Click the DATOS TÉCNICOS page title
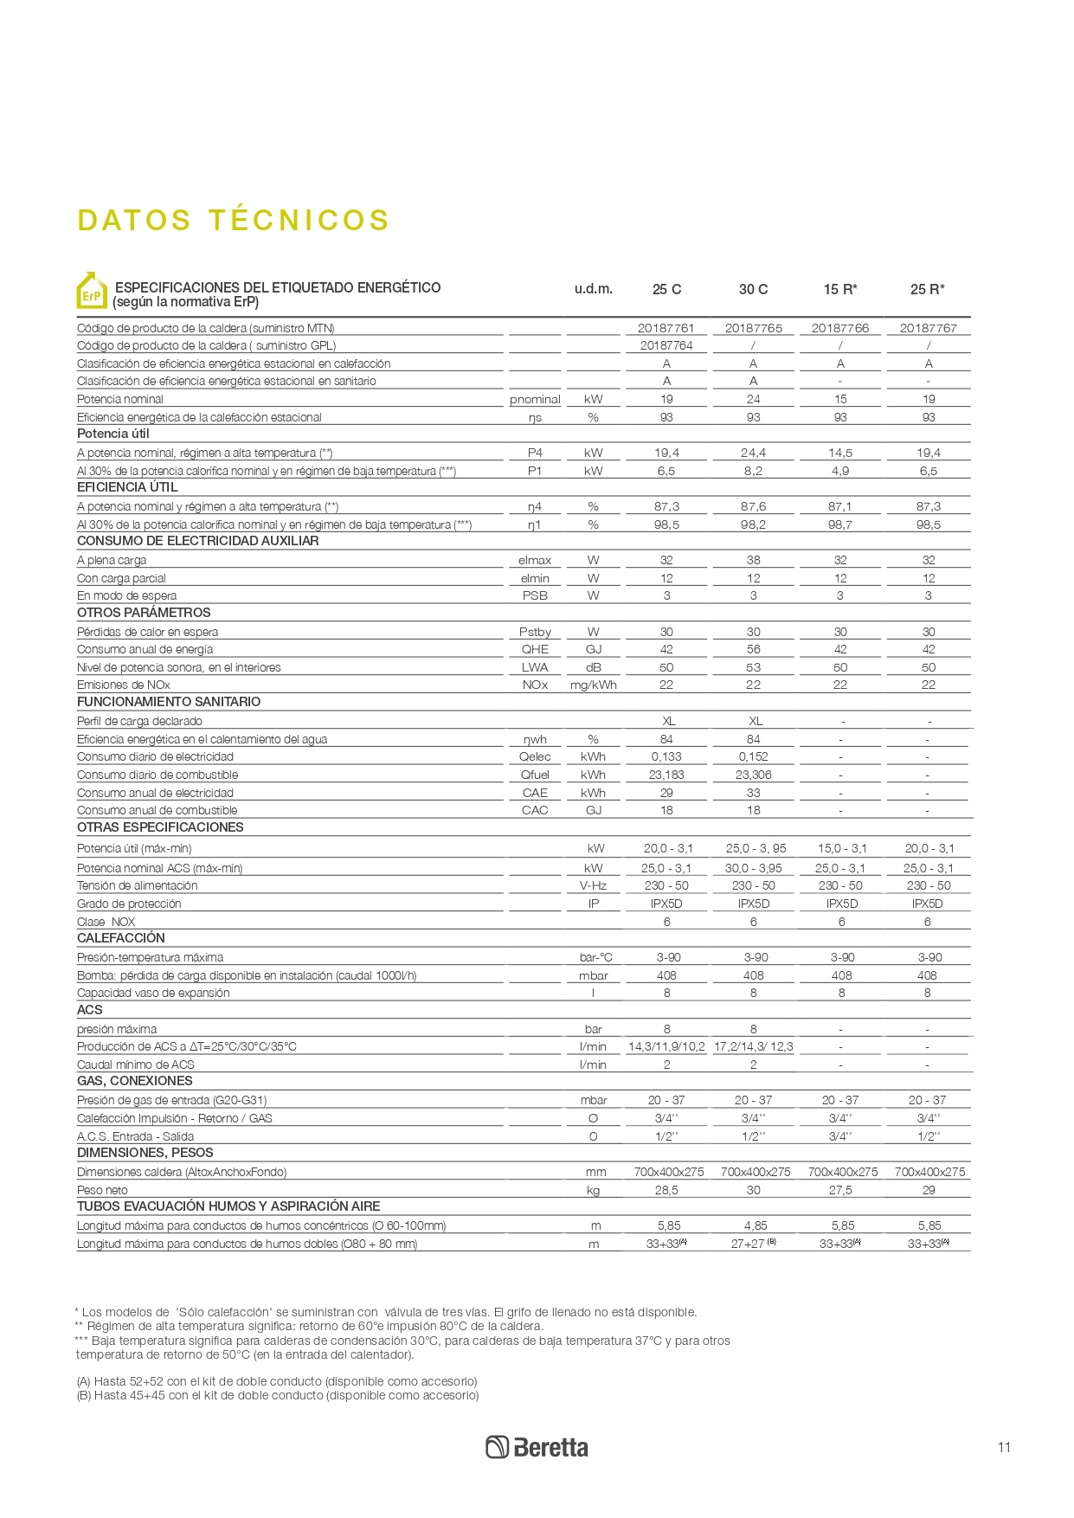233,220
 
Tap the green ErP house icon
92,292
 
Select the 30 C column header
753,289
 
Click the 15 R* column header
840,289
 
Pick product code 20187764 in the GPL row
666,345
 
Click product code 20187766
840,328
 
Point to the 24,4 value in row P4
753,453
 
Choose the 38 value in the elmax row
753,560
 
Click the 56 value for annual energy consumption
753,649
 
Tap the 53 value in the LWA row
753,667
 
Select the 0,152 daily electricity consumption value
753,756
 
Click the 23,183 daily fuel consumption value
666,775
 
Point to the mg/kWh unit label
593,685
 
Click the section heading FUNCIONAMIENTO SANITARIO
169,702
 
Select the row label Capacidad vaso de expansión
153,993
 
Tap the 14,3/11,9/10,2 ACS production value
666,1046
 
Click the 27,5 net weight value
840,1190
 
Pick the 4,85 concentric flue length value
753,1225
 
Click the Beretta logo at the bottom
537,1447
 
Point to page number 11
1004,1447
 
